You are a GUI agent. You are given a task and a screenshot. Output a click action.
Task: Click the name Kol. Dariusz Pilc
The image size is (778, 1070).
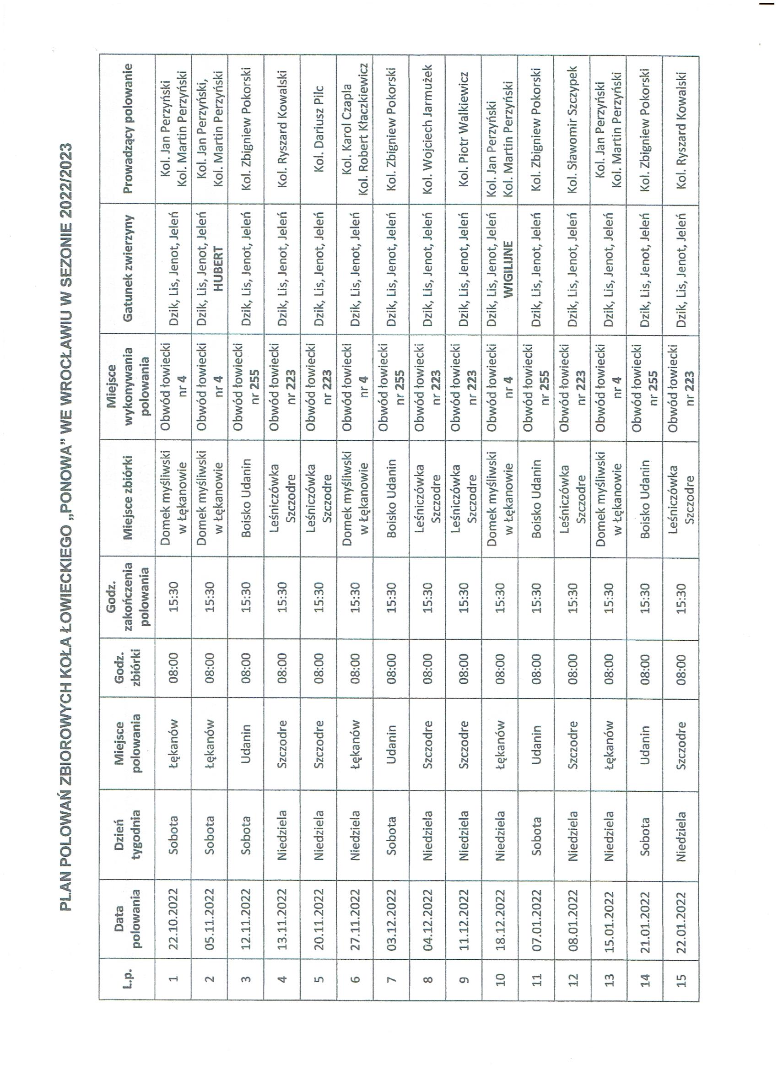[x=319, y=129]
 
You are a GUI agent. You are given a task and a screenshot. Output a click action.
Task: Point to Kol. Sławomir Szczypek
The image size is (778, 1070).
[x=573, y=129]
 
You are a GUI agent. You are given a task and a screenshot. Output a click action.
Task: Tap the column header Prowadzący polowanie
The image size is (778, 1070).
[x=127, y=129]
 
